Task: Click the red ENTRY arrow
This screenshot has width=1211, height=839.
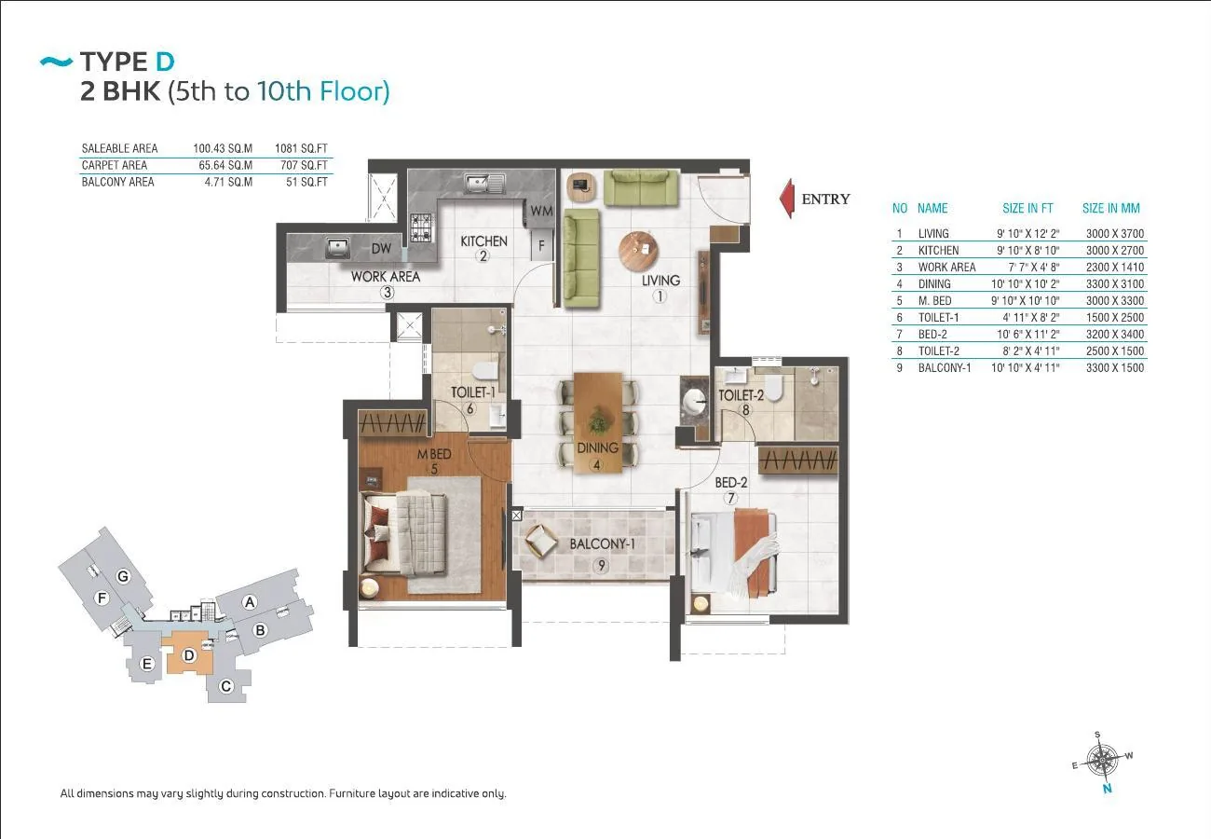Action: pyautogui.click(x=786, y=199)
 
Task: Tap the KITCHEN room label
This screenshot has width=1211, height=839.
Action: pyautogui.click(x=483, y=241)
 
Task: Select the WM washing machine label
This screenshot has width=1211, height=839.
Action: pyautogui.click(x=541, y=211)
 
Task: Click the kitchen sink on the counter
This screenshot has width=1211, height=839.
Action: pyautogui.click(x=485, y=184)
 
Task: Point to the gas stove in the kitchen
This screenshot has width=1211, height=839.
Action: pyautogui.click(x=422, y=227)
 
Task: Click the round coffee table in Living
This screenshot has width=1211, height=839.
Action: pyautogui.click(x=639, y=252)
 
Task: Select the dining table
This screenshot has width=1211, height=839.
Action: pyautogui.click(x=598, y=422)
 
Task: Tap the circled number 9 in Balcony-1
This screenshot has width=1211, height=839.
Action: pyautogui.click(x=601, y=565)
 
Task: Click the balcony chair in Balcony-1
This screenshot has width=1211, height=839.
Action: pyautogui.click(x=541, y=541)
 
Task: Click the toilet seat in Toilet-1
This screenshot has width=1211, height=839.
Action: pyautogui.click(x=485, y=371)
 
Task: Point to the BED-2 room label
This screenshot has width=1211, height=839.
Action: pyautogui.click(x=731, y=482)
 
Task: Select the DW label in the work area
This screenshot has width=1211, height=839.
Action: pyautogui.click(x=381, y=248)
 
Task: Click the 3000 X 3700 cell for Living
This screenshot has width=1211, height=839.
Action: pyautogui.click(x=1115, y=234)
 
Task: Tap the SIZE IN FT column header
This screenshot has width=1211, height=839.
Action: pyautogui.click(x=1027, y=208)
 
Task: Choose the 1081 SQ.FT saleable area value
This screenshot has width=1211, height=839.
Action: pyautogui.click(x=301, y=148)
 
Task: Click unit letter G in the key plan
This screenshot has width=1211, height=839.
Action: pyautogui.click(x=123, y=577)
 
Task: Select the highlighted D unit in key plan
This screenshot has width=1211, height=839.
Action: pyautogui.click(x=188, y=655)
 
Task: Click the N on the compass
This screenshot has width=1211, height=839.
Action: pyautogui.click(x=1107, y=789)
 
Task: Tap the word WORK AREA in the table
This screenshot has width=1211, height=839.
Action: pyautogui.click(x=946, y=268)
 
